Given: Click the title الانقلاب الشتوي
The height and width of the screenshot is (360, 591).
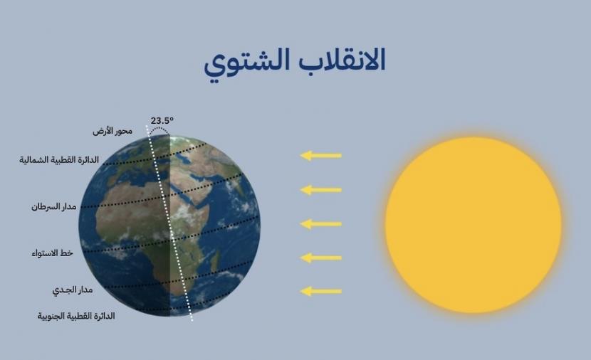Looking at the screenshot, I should [x=295, y=63].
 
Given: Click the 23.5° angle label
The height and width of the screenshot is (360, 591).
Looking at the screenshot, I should [x=162, y=121].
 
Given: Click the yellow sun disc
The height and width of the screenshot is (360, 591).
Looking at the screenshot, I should [x=473, y=225].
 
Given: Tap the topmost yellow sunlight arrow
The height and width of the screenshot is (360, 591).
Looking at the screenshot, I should [x=321, y=155].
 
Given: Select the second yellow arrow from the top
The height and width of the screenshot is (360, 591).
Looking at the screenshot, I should [x=321, y=189].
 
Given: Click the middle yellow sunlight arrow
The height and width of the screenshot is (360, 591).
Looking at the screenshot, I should [x=321, y=223].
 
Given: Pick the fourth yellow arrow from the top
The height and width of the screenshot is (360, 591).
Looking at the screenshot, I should [x=321, y=257].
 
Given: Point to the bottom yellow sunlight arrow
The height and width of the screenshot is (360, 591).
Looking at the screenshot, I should [x=321, y=290].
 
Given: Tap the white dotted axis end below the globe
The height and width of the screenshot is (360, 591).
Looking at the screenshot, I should [x=192, y=317].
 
